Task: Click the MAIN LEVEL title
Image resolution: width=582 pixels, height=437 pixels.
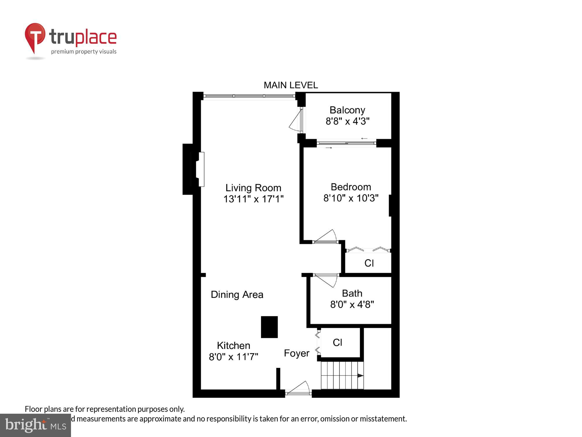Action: [290, 85]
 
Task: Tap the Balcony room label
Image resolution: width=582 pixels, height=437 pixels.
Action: [347, 110]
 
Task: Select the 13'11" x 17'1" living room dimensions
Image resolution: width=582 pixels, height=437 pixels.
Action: [253, 199]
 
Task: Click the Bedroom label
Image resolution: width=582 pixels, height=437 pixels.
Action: [351, 187]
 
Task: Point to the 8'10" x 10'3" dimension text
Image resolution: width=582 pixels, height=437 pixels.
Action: [351, 198]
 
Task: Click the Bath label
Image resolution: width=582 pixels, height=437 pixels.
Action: [352, 293]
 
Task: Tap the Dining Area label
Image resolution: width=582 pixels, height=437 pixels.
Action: [237, 295]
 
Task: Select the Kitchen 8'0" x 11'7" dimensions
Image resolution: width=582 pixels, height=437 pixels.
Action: [233, 357]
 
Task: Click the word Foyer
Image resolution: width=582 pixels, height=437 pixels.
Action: [297, 353]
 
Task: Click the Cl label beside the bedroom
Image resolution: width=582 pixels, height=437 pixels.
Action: [369, 263]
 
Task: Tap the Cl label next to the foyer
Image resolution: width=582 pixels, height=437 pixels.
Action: [337, 342]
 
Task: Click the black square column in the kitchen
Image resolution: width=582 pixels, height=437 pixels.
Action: [269, 327]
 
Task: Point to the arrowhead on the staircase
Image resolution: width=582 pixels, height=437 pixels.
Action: [360, 376]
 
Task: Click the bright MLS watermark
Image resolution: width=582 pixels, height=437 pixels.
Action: [36, 425]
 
